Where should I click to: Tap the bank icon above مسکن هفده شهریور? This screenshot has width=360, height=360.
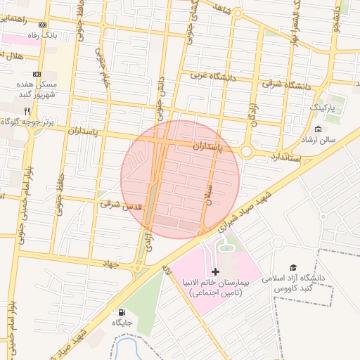click(x=37, y=74)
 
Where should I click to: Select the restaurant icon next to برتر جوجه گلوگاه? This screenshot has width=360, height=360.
click(x=27, y=111)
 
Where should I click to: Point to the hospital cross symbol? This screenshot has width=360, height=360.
click(x=215, y=271)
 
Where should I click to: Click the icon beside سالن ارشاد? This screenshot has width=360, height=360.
click(x=318, y=129)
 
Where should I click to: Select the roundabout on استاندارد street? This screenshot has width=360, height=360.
click(x=246, y=151)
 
